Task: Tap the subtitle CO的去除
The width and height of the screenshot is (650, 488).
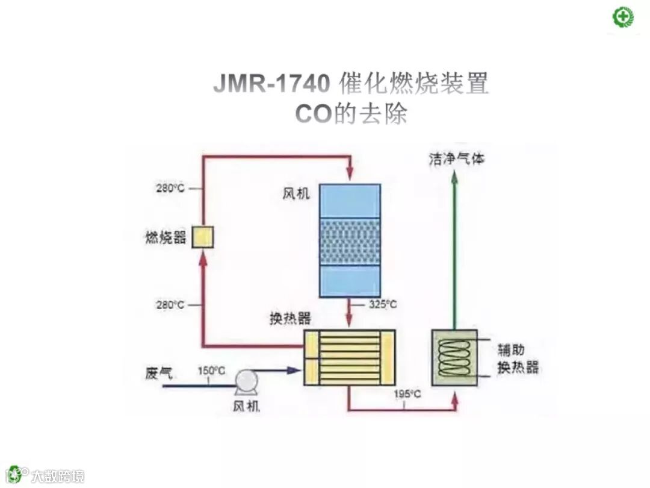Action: click(351, 114)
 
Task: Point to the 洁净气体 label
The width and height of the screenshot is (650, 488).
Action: click(456, 159)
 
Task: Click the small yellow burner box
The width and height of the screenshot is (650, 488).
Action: click(203, 237)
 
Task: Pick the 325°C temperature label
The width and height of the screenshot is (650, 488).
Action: click(383, 304)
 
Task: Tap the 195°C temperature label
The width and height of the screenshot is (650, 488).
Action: click(407, 394)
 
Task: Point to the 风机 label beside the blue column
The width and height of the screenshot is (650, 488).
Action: click(296, 195)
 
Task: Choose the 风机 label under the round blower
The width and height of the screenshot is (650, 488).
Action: click(246, 407)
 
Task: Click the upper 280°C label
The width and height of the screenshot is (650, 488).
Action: click(170, 188)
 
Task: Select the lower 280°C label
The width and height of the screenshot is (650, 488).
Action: click(170, 305)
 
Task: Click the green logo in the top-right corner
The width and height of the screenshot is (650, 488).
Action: click(624, 16)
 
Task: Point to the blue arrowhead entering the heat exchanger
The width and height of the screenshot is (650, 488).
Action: click(293, 371)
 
